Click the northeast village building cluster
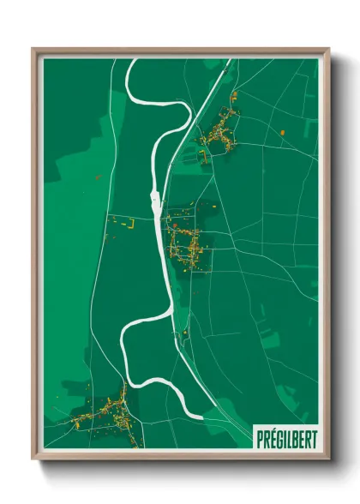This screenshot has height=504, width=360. pyautogui.click(x=219, y=133)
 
